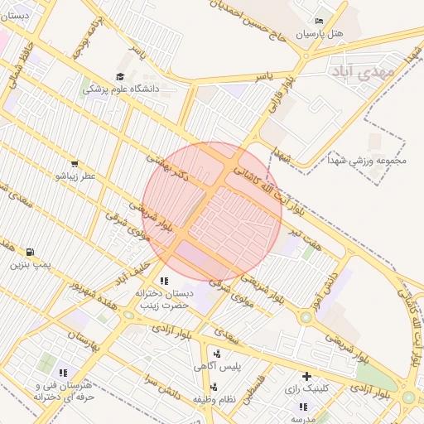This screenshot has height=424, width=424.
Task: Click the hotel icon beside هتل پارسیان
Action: pos(320,22)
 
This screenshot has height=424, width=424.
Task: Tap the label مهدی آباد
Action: pos(359,70)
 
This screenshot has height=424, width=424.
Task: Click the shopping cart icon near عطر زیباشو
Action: pos(75,164)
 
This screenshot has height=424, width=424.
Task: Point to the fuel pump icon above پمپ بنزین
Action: pos(31,252)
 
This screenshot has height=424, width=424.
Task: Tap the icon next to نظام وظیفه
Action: pos(214,386)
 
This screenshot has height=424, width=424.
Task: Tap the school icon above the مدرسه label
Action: pos(303,407)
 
